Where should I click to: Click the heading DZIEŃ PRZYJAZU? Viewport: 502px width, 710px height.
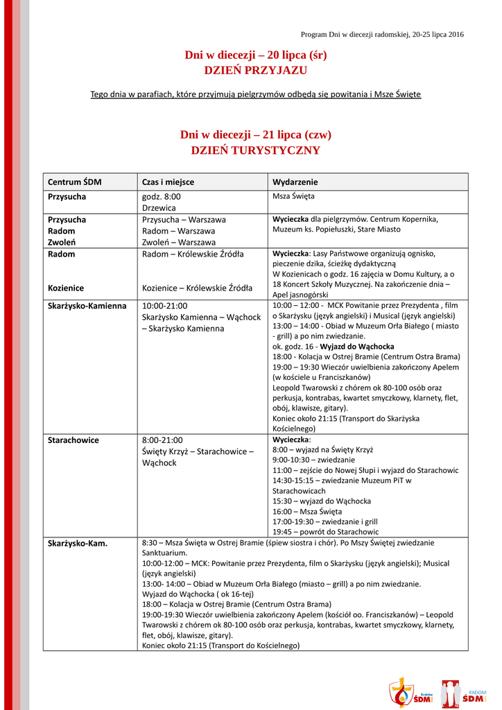coord(255,70)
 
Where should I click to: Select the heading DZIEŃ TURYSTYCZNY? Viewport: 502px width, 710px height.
coord(255,150)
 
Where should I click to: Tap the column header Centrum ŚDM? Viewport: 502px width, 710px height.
coord(74,182)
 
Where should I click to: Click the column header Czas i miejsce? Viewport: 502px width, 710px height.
coord(168,182)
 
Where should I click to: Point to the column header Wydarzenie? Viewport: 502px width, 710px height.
coord(295,182)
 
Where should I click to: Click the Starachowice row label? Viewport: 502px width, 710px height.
coord(73,440)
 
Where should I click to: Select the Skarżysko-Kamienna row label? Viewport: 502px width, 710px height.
coord(87,305)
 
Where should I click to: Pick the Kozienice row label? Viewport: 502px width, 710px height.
coord(66,288)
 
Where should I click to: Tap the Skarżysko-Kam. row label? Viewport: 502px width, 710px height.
coord(77,543)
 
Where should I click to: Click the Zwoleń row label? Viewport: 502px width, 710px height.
coord(61,242)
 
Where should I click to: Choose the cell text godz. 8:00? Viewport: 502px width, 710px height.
coord(162,197)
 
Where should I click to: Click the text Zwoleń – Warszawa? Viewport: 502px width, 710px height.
coord(178,242)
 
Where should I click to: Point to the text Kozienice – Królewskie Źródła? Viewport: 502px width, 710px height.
coord(197,288)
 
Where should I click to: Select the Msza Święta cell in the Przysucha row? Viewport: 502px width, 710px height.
coord(293,196)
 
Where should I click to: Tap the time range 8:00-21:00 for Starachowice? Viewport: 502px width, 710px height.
coord(162,440)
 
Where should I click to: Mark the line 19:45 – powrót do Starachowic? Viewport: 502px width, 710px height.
coord(325,531)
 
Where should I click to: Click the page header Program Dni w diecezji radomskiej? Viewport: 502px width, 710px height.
coord(382,34)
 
